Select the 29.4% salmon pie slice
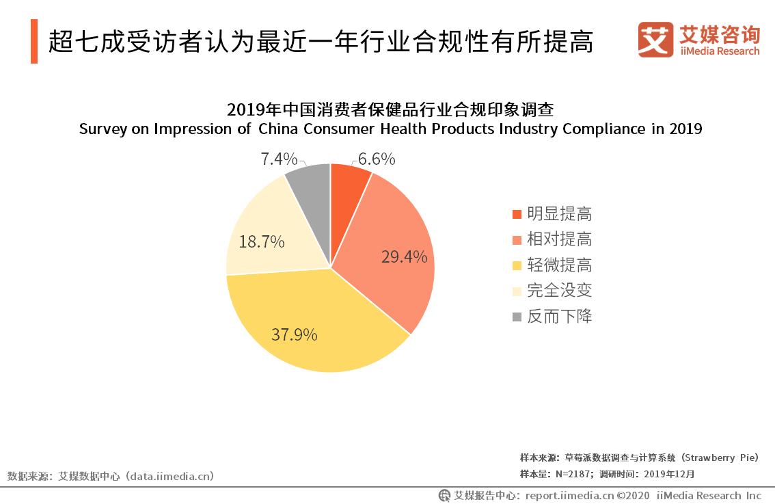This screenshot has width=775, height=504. pos(390,253)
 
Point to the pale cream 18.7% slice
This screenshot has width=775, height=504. pos(267,233)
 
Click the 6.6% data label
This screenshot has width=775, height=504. pos(377,159)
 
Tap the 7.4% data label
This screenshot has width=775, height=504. pos(279,159)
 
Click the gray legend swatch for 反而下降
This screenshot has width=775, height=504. pos(517,317)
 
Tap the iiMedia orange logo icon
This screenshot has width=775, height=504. pos(655,39)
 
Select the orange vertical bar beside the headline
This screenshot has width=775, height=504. pos(34,41)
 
